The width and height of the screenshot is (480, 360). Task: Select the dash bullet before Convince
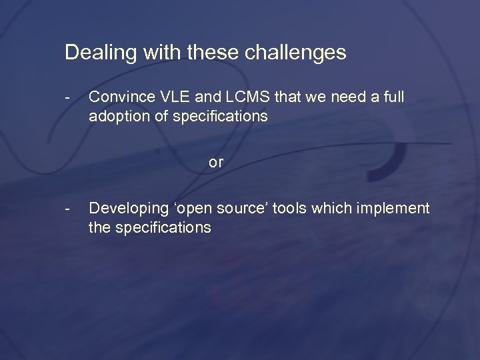pyautogui.click(x=68, y=97)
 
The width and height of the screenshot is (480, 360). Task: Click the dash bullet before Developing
pyautogui.click(x=68, y=209)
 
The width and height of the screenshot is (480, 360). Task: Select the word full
pyautogui.click(x=393, y=97)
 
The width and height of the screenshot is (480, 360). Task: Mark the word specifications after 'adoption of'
pyautogui.click(x=220, y=117)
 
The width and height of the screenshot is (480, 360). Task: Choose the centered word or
pyautogui.click(x=216, y=162)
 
